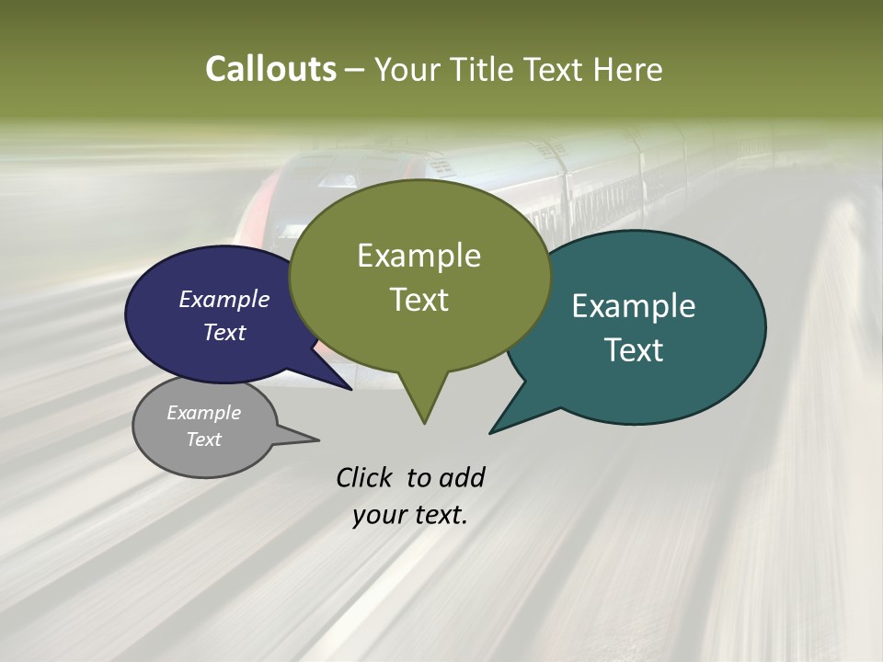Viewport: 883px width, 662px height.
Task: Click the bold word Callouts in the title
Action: click(270, 69)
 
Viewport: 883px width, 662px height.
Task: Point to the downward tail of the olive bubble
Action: click(423, 405)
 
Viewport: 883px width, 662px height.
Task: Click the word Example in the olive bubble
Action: click(419, 256)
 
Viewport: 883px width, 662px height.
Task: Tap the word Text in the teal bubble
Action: click(634, 350)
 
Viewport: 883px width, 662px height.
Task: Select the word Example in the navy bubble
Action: click(224, 299)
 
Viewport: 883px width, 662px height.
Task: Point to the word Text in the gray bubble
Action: click(204, 439)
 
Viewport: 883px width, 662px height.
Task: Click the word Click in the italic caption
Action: click(364, 477)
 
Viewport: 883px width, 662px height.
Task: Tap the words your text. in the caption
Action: click(410, 515)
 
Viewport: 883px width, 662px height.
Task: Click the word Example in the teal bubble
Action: click(634, 306)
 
